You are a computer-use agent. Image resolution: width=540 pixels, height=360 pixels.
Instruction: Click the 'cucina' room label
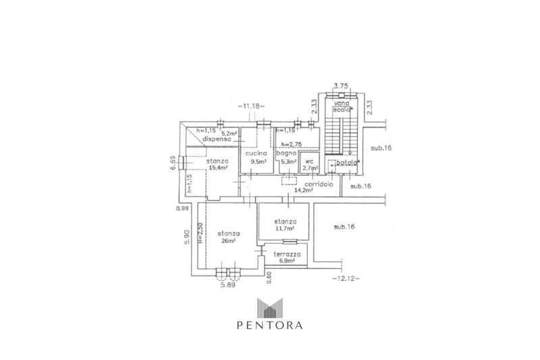(255, 155)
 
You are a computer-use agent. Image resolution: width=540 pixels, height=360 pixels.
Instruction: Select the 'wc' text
(309, 162)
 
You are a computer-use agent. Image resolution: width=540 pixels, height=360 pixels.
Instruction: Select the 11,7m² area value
(284, 229)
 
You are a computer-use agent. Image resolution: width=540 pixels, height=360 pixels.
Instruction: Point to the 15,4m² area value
(217, 168)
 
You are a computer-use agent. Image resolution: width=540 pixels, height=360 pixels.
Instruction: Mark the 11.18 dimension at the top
(252, 107)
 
